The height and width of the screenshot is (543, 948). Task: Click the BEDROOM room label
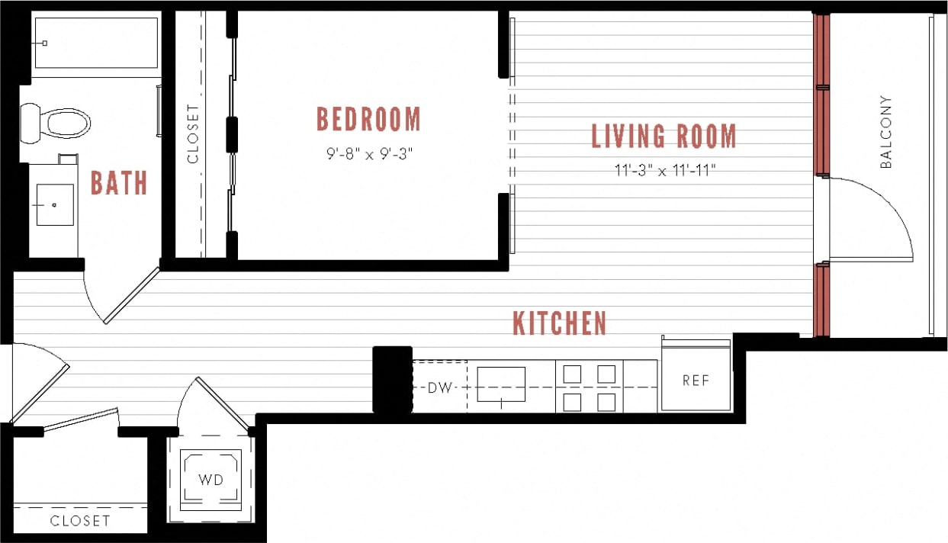pyautogui.click(x=368, y=120)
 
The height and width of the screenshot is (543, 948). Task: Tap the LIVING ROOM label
pyautogui.click(x=664, y=137)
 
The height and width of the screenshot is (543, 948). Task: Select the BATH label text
pyautogui.click(x=119, y=183)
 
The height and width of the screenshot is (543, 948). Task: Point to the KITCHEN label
pyautogui.click(x=559, y=323)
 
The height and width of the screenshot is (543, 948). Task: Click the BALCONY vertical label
pyautogui.click(x=886, y=132)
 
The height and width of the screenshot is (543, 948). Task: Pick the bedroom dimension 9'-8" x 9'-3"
pyautogui.click(x=368, y=155)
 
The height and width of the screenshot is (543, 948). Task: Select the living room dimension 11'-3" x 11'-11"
pyautogui.click(x=664, y=171)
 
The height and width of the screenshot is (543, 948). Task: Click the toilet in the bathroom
pyautogui.click(x=57, y=123)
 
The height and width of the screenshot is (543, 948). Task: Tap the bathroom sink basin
pyautogui.click(x=55, y=204)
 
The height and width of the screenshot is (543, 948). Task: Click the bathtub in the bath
pyautogui.click(x=95, y=43)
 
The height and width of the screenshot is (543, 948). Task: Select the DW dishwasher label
pyautogui.click(x=439, y=387)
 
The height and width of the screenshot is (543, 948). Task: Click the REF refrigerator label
pyautogui.click(x=696, y=381)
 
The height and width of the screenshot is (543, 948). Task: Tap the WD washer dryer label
pyautogui.click(x=210, y=480)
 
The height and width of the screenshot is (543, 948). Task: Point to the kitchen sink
pyautogui.click(x=501, y=384)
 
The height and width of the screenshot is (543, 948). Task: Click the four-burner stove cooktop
pyautogui.click(x=590, y=387)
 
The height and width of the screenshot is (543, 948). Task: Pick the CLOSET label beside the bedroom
pyautogui.click(x=191, y=134)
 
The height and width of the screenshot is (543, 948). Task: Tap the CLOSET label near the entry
pyautogui.click(x=80, y=522)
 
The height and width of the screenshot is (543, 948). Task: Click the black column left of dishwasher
pyautogui.click(x=392, y=379)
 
